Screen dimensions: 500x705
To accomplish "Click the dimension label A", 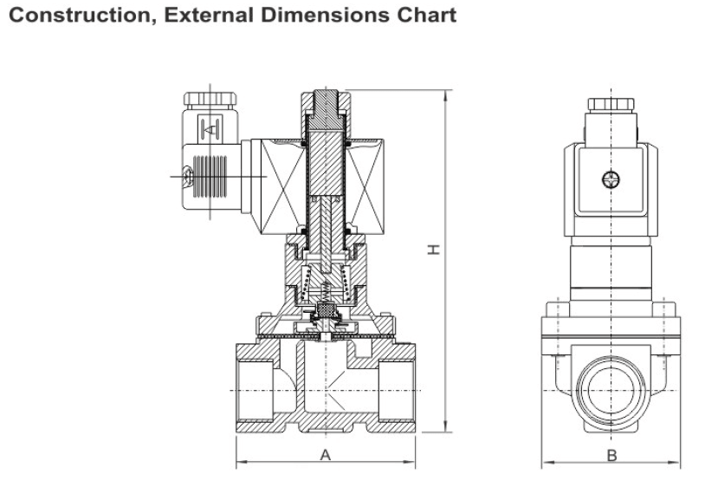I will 326,455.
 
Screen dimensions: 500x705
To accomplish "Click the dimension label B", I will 611,456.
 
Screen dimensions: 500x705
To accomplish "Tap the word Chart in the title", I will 426,15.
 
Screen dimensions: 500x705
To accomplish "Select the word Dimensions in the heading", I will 334,15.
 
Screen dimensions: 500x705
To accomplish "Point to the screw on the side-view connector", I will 611,179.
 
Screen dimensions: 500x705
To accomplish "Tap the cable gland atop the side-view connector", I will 611,105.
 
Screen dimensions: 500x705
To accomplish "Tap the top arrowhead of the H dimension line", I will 447,93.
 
